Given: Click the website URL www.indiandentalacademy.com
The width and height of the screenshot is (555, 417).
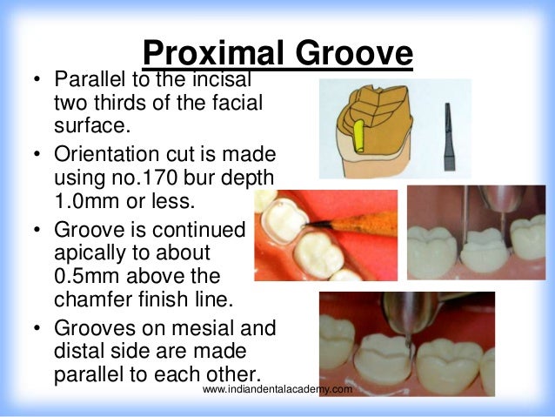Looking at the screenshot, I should pos(277,390).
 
